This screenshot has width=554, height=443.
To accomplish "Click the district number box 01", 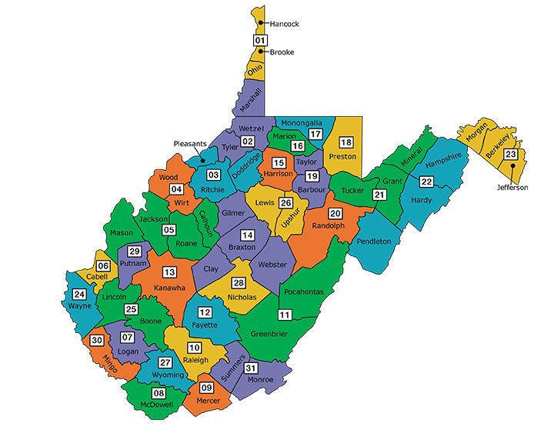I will pos(260,40).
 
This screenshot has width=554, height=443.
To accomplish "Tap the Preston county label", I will pos(342,156).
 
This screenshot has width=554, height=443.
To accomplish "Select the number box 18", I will pos(346,143).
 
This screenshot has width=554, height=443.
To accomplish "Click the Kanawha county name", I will pos(169,288).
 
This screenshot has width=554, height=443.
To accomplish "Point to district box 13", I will pos(169,272).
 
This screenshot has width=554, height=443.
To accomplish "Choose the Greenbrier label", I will pos(269,334).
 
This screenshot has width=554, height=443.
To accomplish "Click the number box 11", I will pos(285,315).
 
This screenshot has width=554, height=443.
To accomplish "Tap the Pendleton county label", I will pos(374,241).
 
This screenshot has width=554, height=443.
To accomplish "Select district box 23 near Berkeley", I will pos(510,155).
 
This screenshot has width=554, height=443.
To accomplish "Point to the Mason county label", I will pos(122,232).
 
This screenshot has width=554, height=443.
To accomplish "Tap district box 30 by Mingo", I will pos(97,340).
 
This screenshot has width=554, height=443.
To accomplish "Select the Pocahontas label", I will pos(303,292).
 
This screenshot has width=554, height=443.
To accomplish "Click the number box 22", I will pos(426,182).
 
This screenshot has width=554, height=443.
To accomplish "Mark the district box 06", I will pos(102,266).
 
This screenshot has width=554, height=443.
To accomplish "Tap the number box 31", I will pos(249,368).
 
